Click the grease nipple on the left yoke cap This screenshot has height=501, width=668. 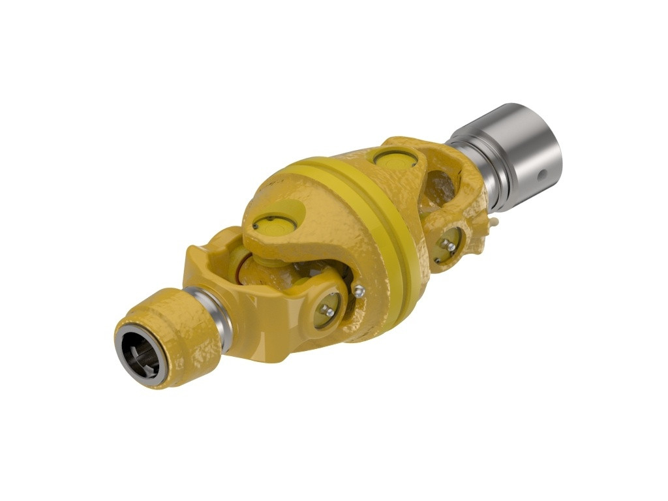click(x=330, y=312)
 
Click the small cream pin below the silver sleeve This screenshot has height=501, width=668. click(x=495, y=222)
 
